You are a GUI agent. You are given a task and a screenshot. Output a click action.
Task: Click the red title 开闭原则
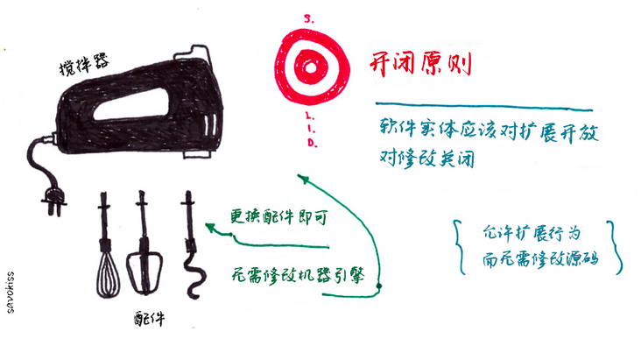[420, 64]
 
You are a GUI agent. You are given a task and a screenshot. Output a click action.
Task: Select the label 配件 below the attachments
[150, 318]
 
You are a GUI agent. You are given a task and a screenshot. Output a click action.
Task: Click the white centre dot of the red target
[310, 68]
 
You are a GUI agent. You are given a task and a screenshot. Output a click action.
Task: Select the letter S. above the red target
[308, 18]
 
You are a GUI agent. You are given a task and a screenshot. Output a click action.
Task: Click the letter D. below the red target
[313, 143]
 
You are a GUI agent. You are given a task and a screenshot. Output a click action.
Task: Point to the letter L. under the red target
[309, 116]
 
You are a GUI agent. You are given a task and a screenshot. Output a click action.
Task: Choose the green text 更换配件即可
[279, 216]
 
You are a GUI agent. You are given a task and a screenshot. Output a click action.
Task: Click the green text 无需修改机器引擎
[298, 275]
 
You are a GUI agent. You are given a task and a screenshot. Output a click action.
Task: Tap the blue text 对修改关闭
[426, 158]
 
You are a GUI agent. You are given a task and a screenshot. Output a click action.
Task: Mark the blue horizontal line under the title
[484, 106]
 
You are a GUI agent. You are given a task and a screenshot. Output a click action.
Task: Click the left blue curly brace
[460, 247]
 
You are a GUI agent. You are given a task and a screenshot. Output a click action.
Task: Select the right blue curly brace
[616, 247]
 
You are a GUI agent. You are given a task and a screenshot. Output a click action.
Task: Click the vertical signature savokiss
[11, 292]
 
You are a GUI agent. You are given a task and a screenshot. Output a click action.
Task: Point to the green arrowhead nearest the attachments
[210, 227]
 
